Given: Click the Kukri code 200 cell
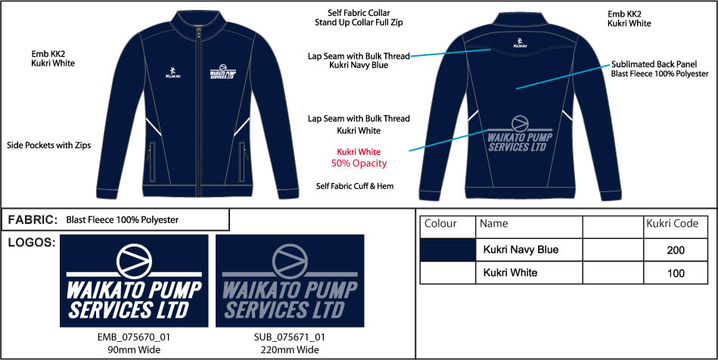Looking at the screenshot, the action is [676, 250].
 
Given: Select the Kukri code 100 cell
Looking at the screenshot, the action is [676, 273].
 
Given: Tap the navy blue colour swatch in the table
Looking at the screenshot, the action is [448, 250].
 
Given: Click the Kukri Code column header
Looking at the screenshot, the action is [672, 224].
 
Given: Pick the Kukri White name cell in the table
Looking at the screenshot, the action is [510, 272].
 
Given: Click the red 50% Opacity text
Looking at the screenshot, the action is [359, 163].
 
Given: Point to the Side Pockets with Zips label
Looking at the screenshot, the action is [49, 145].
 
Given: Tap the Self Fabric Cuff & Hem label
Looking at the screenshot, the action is [355, 186].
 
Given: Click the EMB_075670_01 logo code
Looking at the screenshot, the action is [134, 337].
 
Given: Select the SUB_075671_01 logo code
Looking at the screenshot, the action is [290, 337].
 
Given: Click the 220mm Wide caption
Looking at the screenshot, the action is [290, 350].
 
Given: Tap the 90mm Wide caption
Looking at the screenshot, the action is [134, 350].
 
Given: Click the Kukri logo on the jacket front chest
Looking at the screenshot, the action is [173, 73].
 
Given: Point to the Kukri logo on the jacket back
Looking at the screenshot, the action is [520, 43].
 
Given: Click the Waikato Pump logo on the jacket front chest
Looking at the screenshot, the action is [222, 72].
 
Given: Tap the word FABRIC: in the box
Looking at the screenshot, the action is [33, 220].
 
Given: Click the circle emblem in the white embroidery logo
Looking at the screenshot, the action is [134, 261].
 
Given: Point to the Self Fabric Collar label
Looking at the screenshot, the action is [359, 13].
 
